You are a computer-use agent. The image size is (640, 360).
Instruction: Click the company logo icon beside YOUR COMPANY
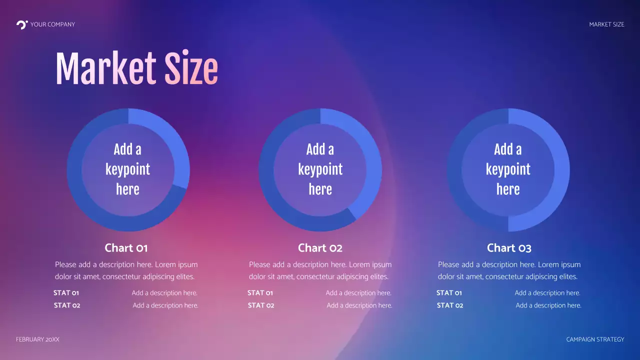(21, 24)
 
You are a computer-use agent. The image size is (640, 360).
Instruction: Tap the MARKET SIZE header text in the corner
(606, 24)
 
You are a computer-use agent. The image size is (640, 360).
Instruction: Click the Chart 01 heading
(126, 248)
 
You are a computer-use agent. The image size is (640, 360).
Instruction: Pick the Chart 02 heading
(320, 248)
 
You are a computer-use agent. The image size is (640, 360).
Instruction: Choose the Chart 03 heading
(509, 248)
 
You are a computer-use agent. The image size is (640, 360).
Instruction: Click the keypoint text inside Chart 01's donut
(127, 169)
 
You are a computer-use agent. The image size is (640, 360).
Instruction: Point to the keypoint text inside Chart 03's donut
(508, 169)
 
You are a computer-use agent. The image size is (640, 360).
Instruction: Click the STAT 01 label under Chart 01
(66, 293)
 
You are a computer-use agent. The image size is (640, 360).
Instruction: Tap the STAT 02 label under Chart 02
(261, 305)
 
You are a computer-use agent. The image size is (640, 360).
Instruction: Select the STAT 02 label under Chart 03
(450, 305)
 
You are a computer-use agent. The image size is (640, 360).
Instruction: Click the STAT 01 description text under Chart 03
(547, 293)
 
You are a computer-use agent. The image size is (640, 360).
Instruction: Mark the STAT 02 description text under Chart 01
(165, 305)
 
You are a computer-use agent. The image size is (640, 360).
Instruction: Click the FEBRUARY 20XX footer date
(37, 339)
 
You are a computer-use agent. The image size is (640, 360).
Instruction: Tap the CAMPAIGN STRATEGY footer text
(595, 339)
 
